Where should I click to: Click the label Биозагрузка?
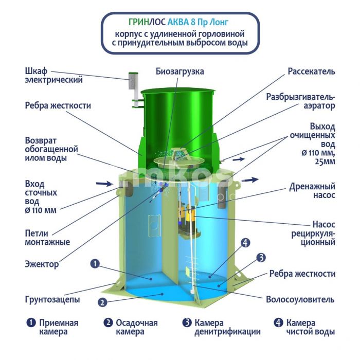pos(180,71)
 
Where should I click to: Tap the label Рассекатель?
pos(311,71)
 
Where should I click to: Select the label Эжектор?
pos(42,264)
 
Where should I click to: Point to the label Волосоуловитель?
pos(300,299)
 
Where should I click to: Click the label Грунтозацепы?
pos(52,300)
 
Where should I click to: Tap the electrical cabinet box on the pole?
pos(133,81)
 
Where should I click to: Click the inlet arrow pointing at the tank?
pos(104,184)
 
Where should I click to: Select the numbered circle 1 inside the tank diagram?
pos(95,263)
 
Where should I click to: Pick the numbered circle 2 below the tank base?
pos(102,302)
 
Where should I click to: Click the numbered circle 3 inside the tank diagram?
pos(261,258)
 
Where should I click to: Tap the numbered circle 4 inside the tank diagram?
pos(245,242)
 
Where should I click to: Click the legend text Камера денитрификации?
pos(227,327)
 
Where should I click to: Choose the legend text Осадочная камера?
pos(137,327)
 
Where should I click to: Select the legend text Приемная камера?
pos(59,327)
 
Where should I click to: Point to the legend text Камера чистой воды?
pos(310,327)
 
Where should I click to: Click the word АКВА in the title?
pos(178,22)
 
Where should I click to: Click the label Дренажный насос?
pos(312,191)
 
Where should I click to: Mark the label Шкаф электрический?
pos(53,75)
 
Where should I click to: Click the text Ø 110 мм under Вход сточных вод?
pos(41,210)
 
